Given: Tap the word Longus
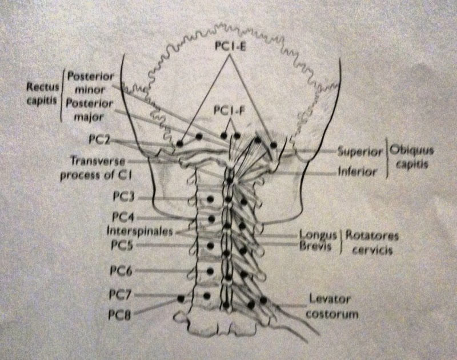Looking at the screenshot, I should coord(316,235).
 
